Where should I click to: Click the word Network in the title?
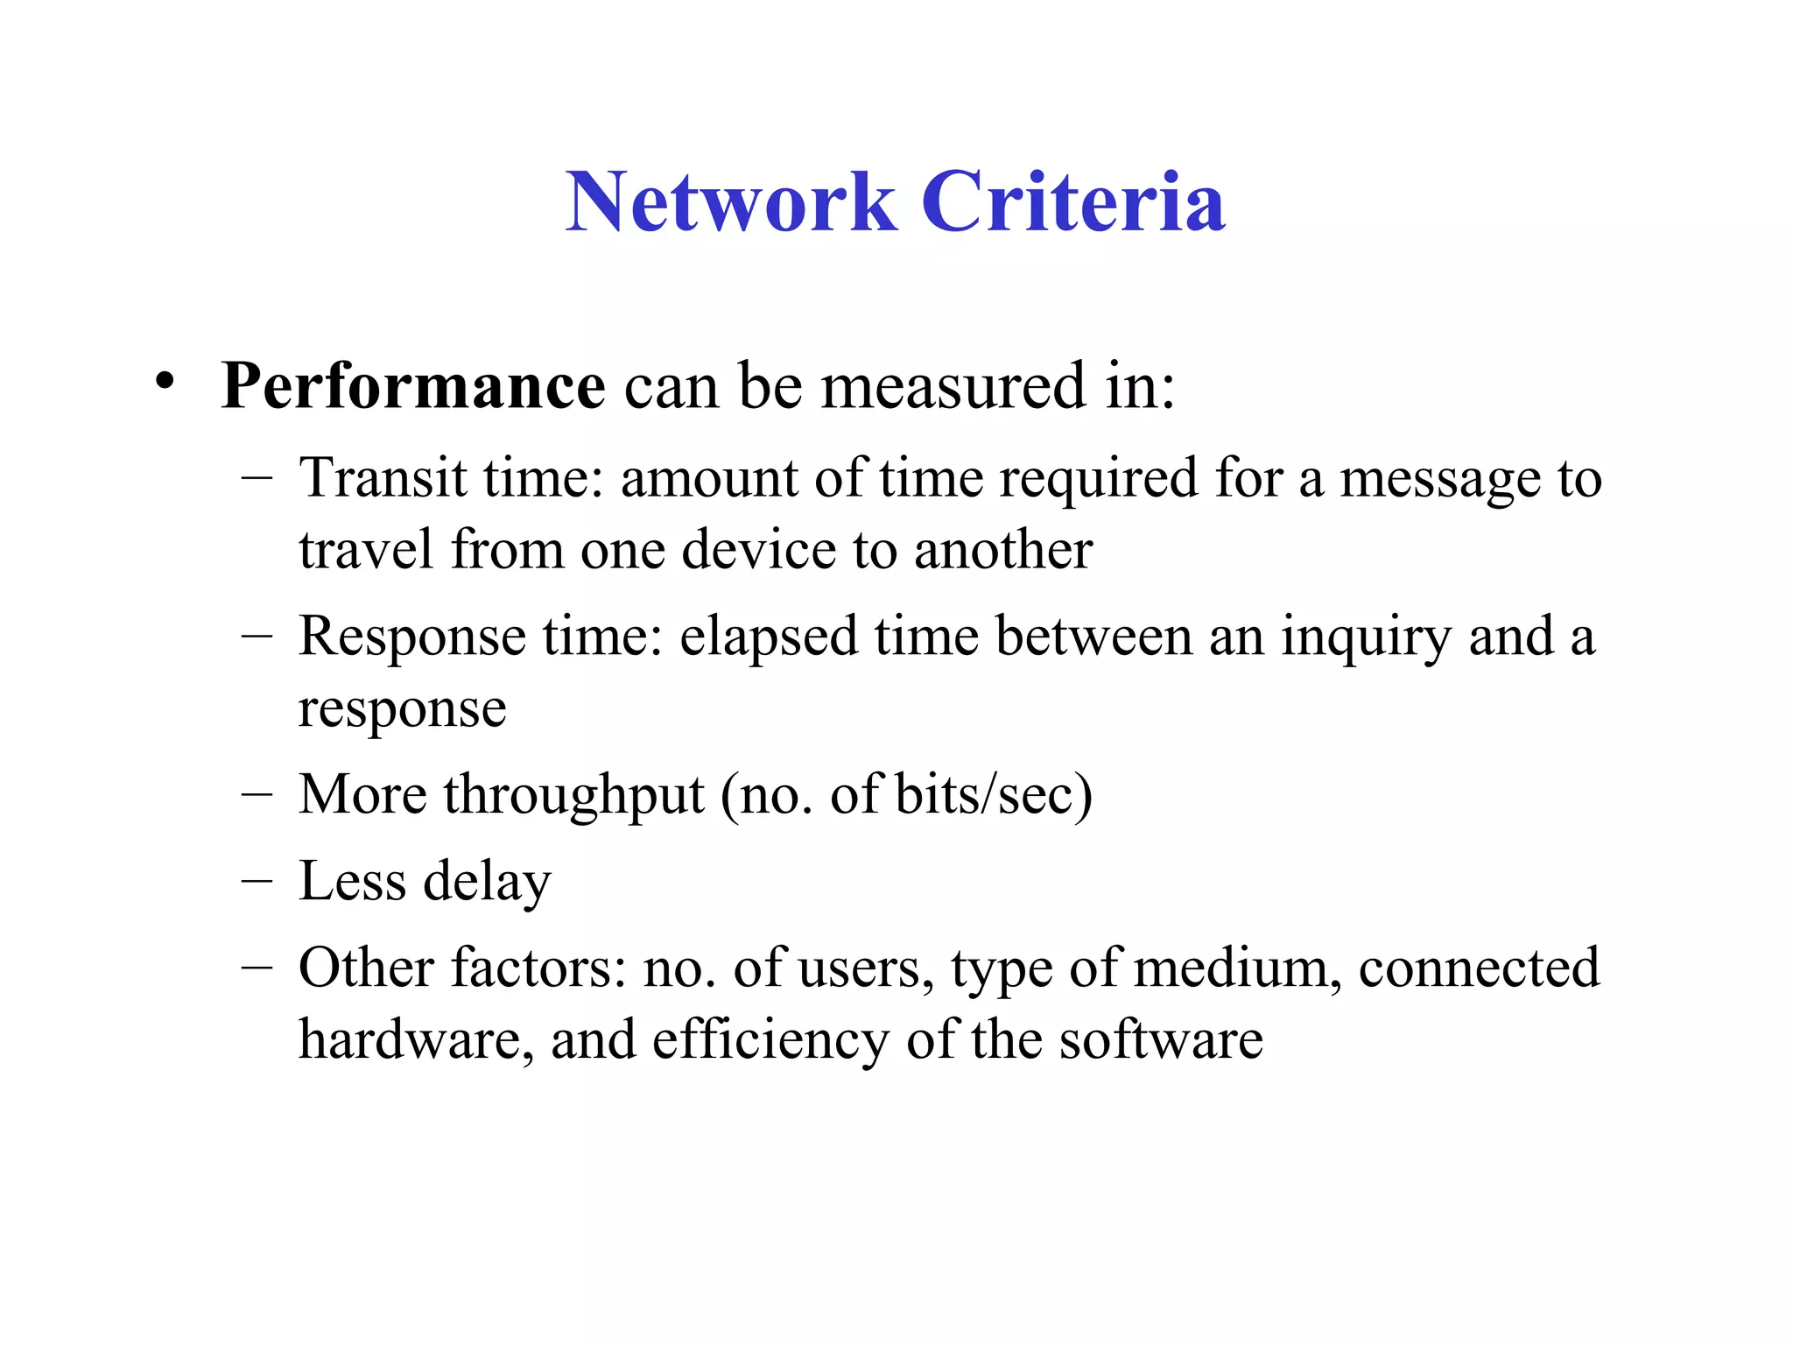(731, 202)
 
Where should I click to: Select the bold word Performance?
(412, 385)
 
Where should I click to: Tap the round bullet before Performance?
(164, 382)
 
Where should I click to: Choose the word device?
(758, 550)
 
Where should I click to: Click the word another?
(1003, 550)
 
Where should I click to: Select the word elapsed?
(768, 637)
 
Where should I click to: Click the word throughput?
(574, 795)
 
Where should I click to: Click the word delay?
(487, 881)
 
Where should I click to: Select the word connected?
(1479, 968)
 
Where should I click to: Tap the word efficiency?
(770, 1040)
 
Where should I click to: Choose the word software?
(1160, 1040)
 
